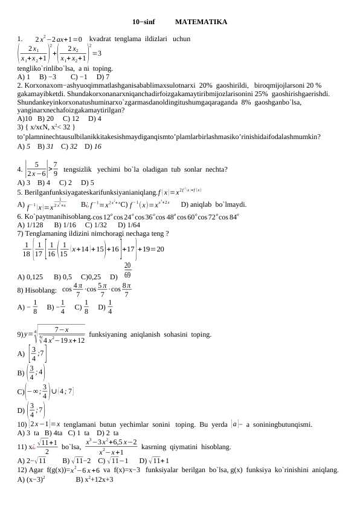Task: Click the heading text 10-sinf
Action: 143,22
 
